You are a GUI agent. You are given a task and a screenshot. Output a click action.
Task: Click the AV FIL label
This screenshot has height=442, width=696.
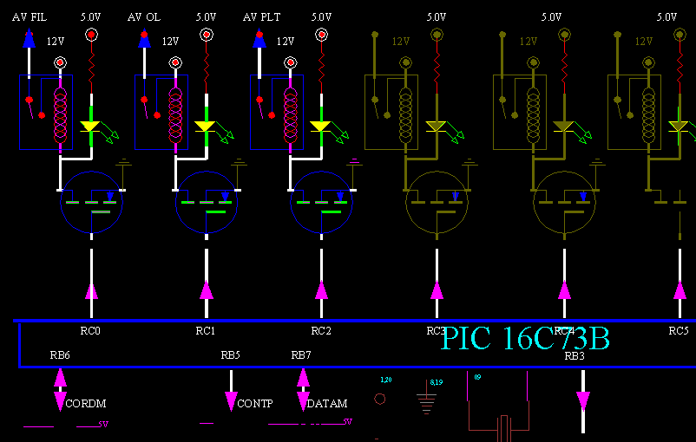click(x=29, y=16)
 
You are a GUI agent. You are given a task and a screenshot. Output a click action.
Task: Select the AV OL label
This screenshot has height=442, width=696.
click(x=143, y=16)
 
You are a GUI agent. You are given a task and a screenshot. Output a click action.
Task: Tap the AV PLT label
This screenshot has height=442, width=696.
click(x=261, y=16)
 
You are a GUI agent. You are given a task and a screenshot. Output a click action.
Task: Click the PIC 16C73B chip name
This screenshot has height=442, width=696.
click(x=525, y=338)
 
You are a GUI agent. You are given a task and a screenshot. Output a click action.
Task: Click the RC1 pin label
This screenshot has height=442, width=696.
click(x=206, y=330)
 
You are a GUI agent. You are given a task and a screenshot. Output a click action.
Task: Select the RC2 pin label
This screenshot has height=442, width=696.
click(x=321, y=330)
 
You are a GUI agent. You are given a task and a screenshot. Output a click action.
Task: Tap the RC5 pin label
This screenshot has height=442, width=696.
click(x=678, y=330)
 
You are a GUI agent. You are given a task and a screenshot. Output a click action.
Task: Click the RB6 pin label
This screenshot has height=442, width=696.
click(x=60, y=355)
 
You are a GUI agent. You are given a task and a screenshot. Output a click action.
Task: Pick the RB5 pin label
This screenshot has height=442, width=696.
click(x=230, y=355)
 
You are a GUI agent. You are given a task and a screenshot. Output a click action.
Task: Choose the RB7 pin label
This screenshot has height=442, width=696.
click(x=301, y=355)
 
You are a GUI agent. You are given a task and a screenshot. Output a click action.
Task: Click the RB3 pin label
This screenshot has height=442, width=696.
click(x=575, y=355)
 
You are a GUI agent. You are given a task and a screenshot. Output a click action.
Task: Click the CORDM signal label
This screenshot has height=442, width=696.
click(x=86, y=404)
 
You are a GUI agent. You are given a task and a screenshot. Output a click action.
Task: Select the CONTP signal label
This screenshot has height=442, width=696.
click(x=254, y=404)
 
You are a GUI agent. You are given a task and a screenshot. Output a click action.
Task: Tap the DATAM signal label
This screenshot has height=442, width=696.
click(x=327, y=404)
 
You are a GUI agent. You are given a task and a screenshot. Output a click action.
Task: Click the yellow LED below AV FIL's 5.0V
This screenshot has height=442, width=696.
click(x=90, y=127)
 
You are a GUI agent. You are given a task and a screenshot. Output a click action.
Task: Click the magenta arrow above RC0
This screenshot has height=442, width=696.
click(x=91, y=290)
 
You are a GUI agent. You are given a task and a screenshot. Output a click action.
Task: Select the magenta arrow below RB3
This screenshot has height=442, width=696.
click(x=583, y=400)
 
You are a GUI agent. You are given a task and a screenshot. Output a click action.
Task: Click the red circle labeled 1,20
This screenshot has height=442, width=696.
click(x=379, y=399)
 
